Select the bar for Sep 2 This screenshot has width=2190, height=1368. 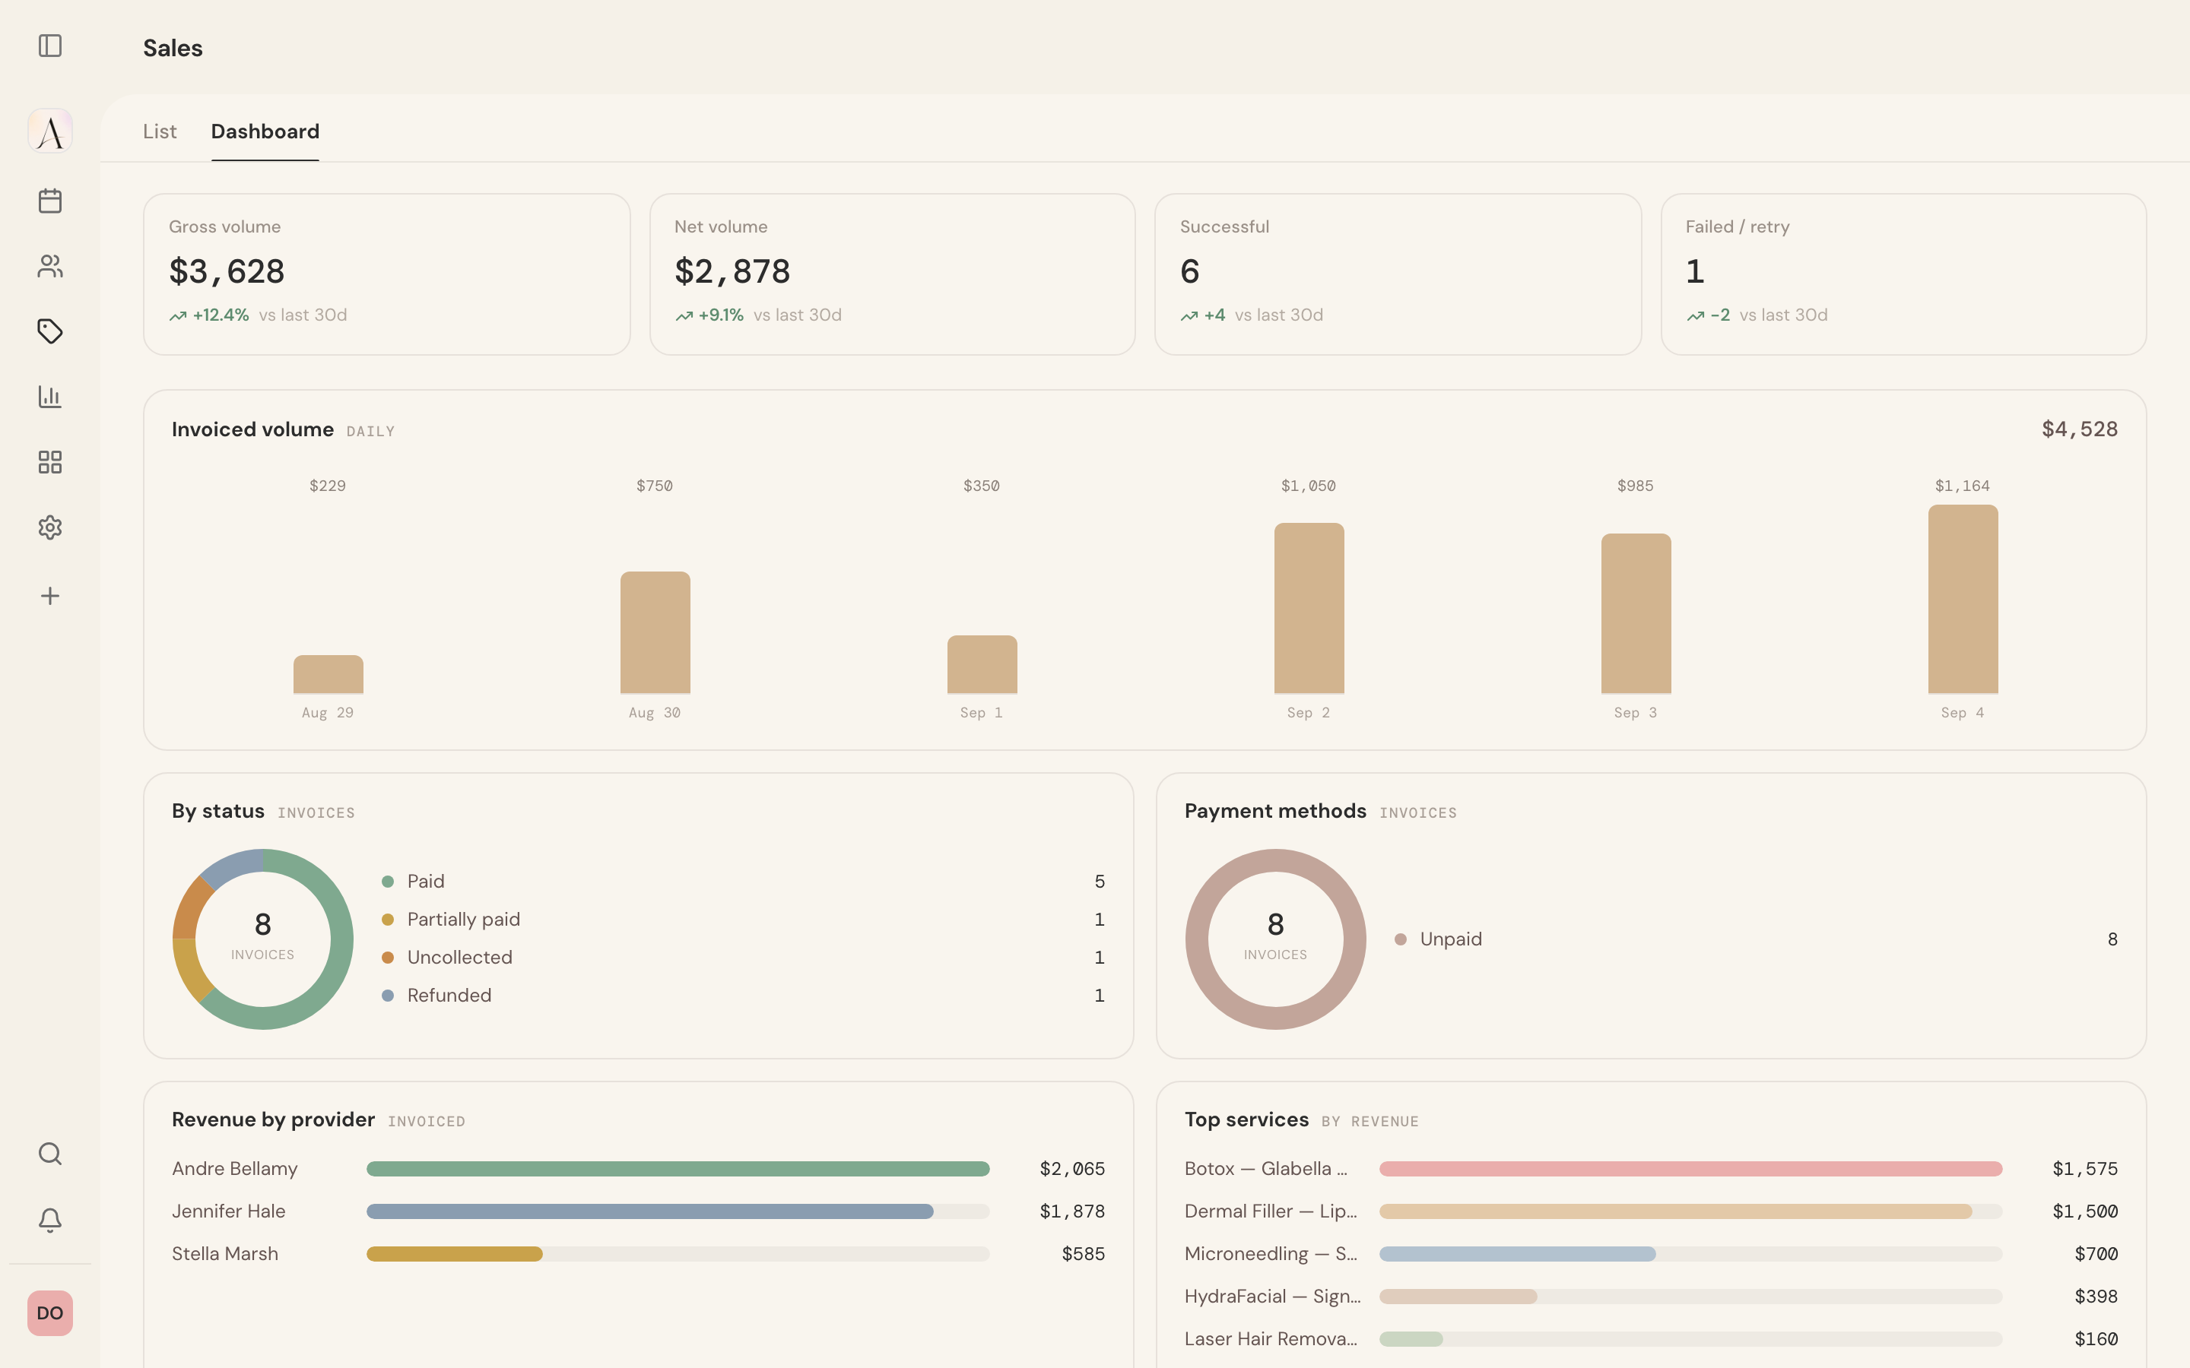pos(1309,608)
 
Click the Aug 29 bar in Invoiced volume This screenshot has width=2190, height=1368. pos(328,674)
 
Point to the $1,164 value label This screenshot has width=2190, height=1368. pos(1962,486)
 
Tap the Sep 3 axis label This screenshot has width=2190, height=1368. pos(1635,713)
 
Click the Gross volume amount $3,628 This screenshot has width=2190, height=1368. pos(227,271)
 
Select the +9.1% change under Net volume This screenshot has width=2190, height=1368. pos(720,315)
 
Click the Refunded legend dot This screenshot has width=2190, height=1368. pos(387,996)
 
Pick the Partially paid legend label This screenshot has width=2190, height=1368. pos(463,920)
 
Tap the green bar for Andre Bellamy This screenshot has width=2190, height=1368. pos(678,1169)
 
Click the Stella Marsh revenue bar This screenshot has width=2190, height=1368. pos(454,1254)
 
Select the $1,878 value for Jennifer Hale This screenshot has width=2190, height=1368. pos(1072,1211)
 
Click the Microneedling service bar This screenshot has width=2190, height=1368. pos(1518,1254)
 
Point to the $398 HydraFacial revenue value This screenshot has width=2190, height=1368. pos(2096,1297)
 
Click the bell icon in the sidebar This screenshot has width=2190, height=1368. pos(49,1221)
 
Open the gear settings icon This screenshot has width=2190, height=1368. pos(49,527)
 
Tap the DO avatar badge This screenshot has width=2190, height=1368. pos(49,1313)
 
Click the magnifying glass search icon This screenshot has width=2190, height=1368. pos(49,1154)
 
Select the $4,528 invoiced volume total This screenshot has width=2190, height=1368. pos(2080,429)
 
